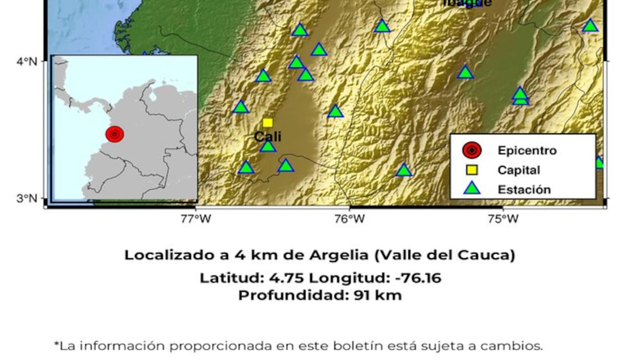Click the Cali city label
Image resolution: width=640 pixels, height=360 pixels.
click(x=268, y=137)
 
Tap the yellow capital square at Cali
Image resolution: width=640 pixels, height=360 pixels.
click(x=268, y=123)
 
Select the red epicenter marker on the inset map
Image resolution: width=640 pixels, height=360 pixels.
click(x=115, y=134)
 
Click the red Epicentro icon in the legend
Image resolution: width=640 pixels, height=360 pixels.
click(x=472, y=150)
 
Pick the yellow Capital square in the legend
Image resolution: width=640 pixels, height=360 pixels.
click(x=472, y=170)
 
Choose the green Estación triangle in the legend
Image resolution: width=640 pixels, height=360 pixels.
click(x=472, y=188)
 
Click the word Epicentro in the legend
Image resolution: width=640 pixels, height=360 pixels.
click(x=527, y=150)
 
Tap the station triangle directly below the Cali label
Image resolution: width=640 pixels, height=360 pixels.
click(x=268, y=146)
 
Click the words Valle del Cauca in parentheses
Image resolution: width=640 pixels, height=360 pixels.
click(x=445, y=255)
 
